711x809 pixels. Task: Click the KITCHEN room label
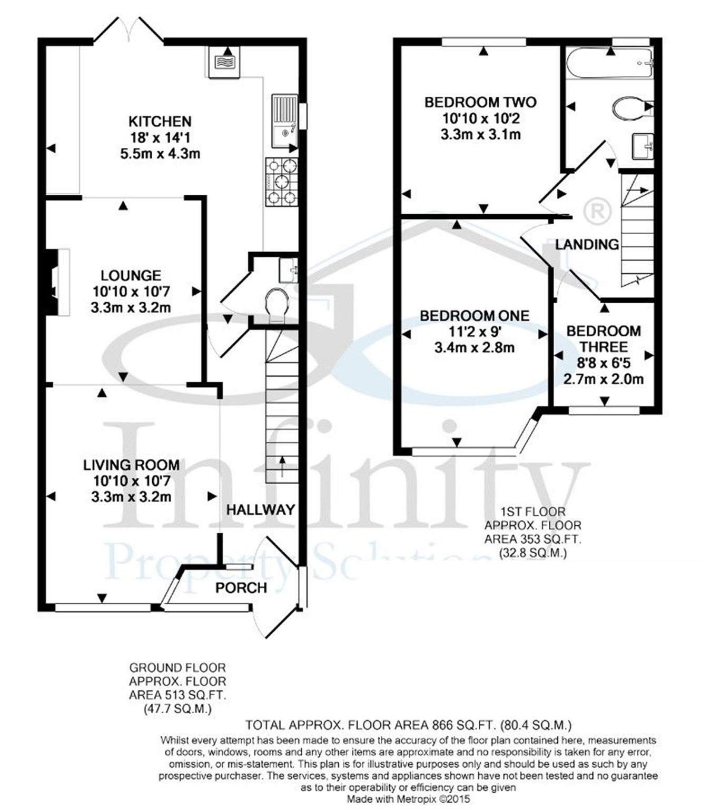pyautogui.click(x=160, y=122)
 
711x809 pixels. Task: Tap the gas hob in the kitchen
pyautogui.click(x=281, y=182)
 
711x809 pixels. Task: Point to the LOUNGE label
pyautogui.click(x=131, y=275)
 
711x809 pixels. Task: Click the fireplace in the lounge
pyautogui.click(x=57, y=283)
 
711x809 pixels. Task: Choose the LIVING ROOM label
pyautogui.click(x=131, y=465)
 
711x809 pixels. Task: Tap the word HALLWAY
pyautogui.click(x=260, y=510)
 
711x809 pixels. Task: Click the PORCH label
pyautogui.click(x=241, y=587)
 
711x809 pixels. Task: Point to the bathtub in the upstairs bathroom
pyautogui.click(x=609, y=64)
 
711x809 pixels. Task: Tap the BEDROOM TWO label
pyautogui.click(x=480, y=102)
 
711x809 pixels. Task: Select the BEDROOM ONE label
pyautogui.click(x=475, y=316)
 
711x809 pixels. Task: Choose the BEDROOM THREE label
pyautogui.click(x=604, y=339)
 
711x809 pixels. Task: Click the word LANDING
pyautogui.click(x=587, y=244)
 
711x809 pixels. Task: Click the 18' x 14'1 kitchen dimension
pyautogui.click(x=160, y=138)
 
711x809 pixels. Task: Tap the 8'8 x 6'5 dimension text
pyautogui.click(x=604, y=363)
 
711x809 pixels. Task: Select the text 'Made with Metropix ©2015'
pyautogui.click(x=408, y=799)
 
